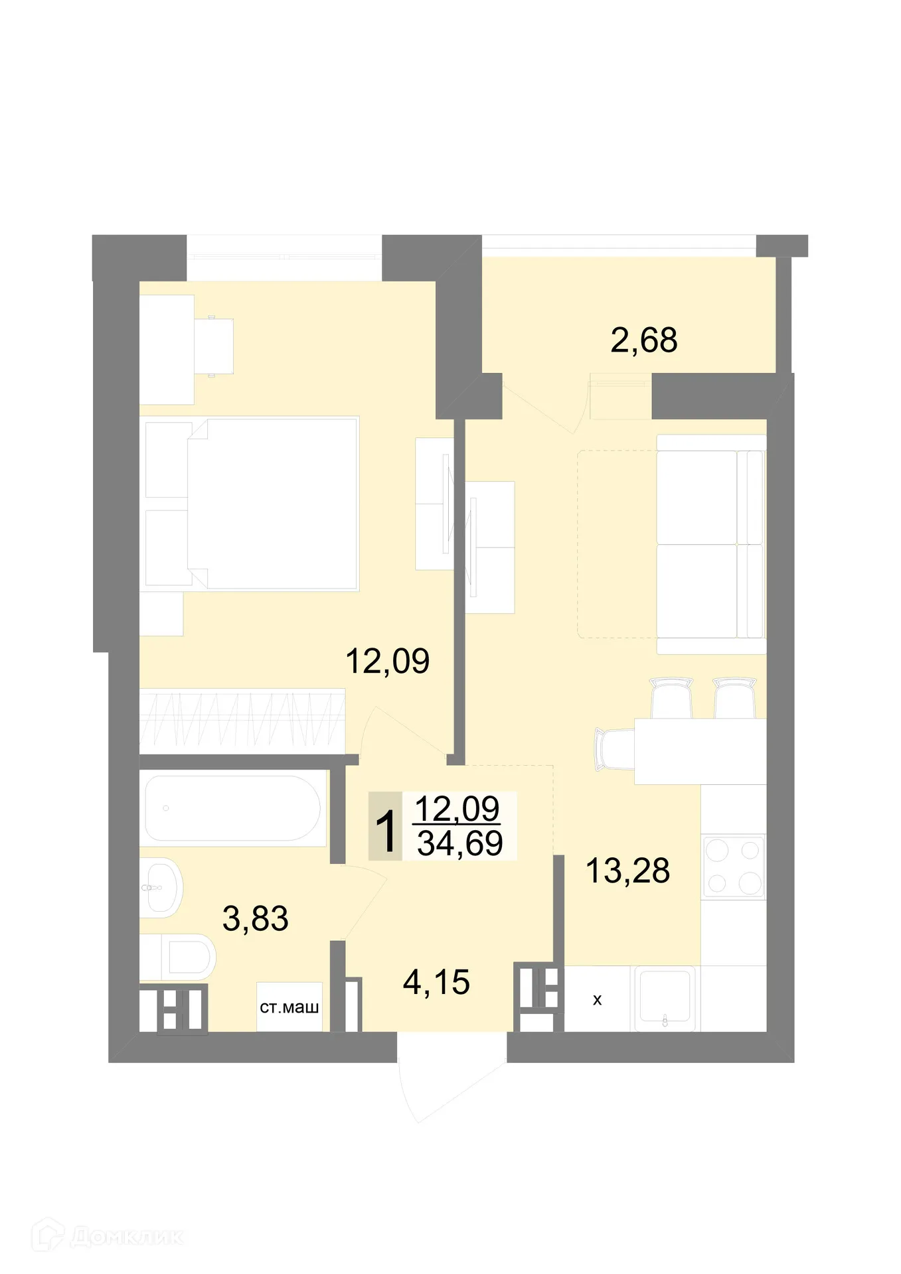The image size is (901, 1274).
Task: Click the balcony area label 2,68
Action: click(x=643, y=340)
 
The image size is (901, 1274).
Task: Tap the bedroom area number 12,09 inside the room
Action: click(x=388, y=661)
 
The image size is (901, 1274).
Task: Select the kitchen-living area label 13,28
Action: click(x=627, y=870)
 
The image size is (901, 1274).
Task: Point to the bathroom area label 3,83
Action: click(x=256, y=918)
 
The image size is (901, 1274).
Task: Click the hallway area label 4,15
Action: click(x=436, y=981)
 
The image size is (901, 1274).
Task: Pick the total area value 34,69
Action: click(x=459, y=843)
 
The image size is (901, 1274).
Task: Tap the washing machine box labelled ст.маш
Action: click(x=289, y=1007)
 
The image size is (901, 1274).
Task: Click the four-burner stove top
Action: click(x=733, y=866)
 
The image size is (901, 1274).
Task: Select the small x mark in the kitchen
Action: click(x=597, y=1000)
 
